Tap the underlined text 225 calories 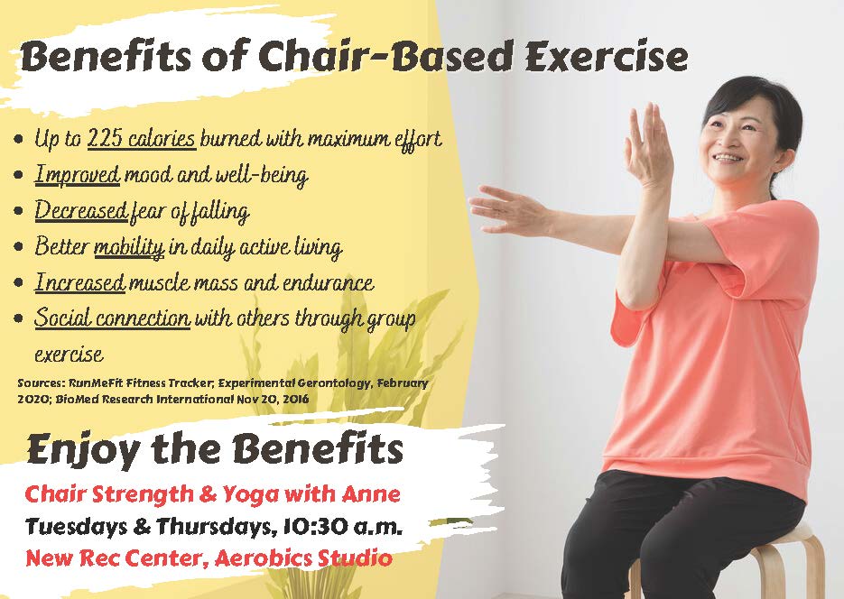(x=142, y=138)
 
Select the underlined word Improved (x=77, y=174)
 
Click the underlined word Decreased (x=81, y=210)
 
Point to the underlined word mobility (x=129, y=247)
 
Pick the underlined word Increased (x=79, y=282)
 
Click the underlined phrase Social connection (x=112, y=318)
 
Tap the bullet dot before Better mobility (x=19, y=247)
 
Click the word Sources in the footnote (x=41, y=383)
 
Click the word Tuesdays (x=76, y=527)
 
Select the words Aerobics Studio (x=303, y=558)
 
